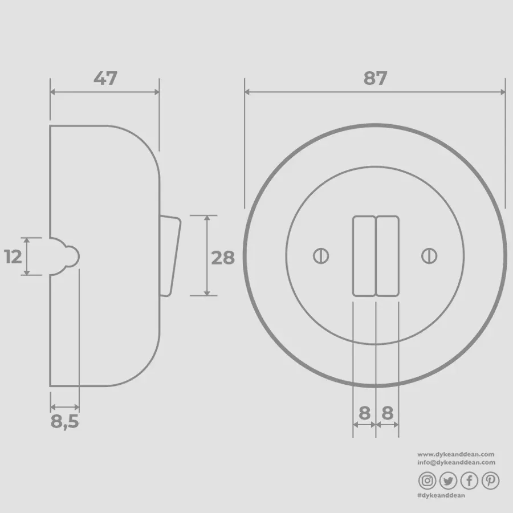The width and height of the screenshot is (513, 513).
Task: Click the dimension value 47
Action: (x=105, y=79)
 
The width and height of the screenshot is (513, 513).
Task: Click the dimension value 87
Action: (x=375, y=79)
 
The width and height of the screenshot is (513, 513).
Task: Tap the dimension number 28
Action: (x=223, y=258)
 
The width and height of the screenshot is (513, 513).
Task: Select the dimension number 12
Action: (x=13, y=256)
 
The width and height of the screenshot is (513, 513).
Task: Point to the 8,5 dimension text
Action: (x=65, y=422)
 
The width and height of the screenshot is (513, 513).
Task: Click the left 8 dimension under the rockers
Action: (x=364, y=413)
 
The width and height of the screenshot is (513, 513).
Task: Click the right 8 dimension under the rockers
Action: (x=388, y=413)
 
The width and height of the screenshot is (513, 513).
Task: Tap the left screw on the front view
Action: (x=321, y=256)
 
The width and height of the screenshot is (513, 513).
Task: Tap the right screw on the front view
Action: (x=429, y=256)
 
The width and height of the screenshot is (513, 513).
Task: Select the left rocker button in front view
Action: (x=364, y=256)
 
